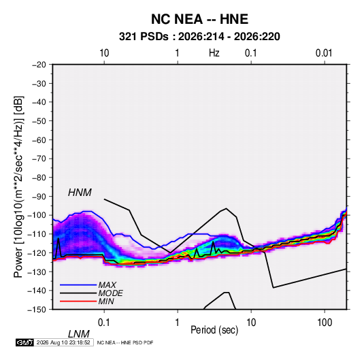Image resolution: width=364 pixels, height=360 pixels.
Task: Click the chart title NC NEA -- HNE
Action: (199, 19)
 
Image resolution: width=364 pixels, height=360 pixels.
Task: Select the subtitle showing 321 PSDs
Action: (199, 37)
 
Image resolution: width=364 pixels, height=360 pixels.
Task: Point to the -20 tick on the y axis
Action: (39, 65)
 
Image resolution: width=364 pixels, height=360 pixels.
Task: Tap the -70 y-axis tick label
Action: (39, 159)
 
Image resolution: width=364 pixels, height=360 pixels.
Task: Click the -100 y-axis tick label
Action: (37, 215)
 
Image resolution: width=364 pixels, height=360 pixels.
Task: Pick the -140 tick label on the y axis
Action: (37, 291)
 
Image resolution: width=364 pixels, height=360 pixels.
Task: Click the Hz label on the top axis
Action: (214, 53)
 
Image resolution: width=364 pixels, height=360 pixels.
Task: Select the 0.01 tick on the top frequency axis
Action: (324, 53)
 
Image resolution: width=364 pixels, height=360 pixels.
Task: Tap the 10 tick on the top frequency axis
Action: (104, 53)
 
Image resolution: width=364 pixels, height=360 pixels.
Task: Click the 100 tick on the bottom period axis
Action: (325, 323)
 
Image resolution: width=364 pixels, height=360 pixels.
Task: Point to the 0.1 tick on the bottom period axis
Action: (104, 323)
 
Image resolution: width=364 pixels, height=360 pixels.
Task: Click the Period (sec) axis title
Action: (214, 330)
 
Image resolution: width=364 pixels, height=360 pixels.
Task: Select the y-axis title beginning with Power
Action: (18, 187)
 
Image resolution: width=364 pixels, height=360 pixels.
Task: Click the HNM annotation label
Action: (80, 193)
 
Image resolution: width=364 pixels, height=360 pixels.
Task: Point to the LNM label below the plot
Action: (78, 334)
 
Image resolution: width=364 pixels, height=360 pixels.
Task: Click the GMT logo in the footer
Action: (24, 342)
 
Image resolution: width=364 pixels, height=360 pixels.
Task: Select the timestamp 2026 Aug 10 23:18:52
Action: (63, 342)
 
